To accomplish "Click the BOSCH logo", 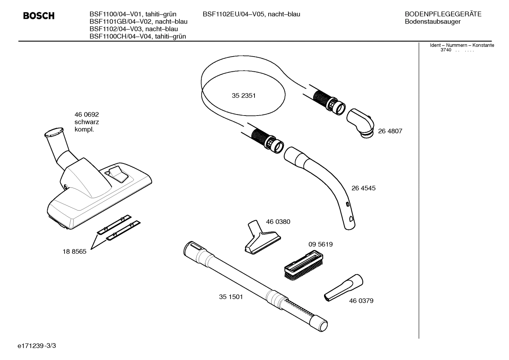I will (39, 16).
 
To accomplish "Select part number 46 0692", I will (86, 114).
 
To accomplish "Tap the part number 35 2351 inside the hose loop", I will (244, 96).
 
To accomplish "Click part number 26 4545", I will (363, 188).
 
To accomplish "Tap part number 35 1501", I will (231, 297).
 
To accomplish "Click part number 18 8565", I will (74, 252).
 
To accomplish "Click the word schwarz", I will (86, 122).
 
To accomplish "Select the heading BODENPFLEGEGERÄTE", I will (443, 14).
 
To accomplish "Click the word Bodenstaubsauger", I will (432, 22).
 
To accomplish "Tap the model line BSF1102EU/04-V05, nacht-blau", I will (251, 14).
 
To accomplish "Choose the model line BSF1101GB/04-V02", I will (138, 22).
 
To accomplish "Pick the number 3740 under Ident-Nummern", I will (446, 50).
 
